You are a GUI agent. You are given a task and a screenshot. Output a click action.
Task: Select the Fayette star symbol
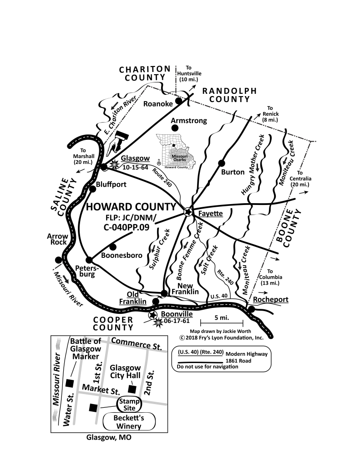(188, 212)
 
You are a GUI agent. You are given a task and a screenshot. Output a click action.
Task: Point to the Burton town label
(233, 172)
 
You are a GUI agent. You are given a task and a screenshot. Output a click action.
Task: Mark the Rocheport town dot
(251, 309)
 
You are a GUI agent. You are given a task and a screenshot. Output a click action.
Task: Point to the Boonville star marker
(153, 315)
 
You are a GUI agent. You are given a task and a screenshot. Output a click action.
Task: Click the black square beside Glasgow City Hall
(132, 389)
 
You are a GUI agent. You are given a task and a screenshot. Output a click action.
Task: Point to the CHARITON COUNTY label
(145, 73)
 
